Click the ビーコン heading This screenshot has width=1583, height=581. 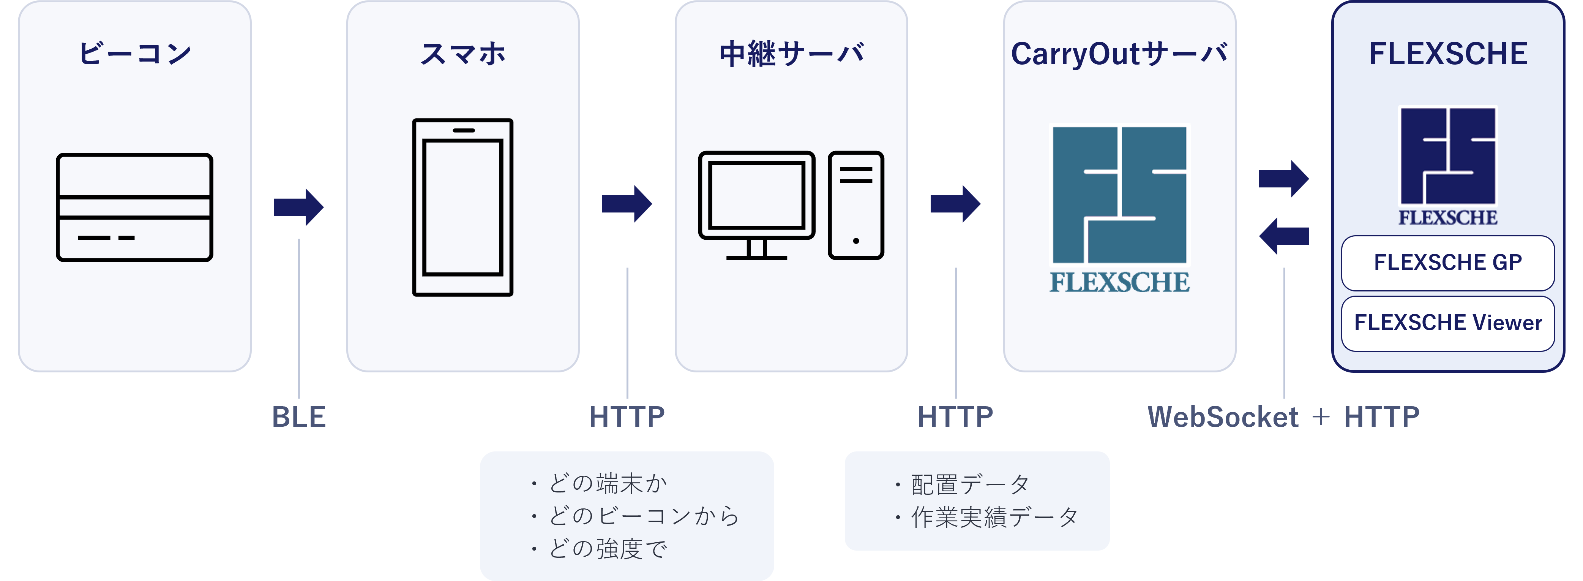pyautogui.click(x=134, y=54)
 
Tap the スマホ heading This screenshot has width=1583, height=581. pyautogui.click(x=463, y=54)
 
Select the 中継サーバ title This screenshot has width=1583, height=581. pyautogui.click(x=791, y=54)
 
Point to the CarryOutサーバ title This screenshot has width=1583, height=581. pyautogui.click(x=1119, y=54)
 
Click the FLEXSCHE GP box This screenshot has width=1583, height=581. pyautogui.click(x=1448, y=263)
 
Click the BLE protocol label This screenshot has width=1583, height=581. pyautogui.click(x=299, y=417)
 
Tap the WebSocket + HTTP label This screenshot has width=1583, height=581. pyautogui.click(x=1284, y=417)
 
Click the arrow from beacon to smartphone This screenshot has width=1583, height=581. pyautogui.click(x=299, y=207)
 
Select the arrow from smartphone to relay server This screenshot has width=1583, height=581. pyautogui.click(x=627, y=204)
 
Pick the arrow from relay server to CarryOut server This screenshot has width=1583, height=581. pyautogui.click(x=955, y=204)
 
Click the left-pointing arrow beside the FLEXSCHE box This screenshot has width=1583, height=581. pyautogui.click(x=1284, y=236)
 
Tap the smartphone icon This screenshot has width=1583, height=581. pyautogui.click(x=463, y=207)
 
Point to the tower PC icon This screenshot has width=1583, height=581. pyautogui.click(x=856, y=205)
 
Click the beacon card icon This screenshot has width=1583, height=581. pyautogui.click(x=134, y=207)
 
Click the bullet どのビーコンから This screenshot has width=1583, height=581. pyautogui.click(x=636, y=516)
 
